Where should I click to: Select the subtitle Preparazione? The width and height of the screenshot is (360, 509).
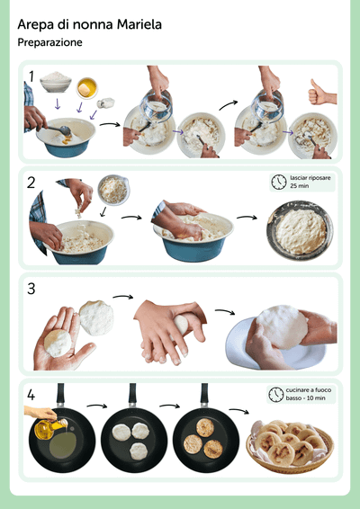tap(49, 42)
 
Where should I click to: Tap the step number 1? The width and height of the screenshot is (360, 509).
tap(31, 76)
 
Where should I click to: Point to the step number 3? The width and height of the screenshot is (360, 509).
tap(31, 289)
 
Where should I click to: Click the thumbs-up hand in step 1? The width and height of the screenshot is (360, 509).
tap(321, 93)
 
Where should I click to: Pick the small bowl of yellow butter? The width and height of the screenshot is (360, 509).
tap(86, 87)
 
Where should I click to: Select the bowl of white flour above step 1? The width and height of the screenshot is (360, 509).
tap(56, 81)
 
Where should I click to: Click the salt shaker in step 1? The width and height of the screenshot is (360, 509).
tap(105, 103)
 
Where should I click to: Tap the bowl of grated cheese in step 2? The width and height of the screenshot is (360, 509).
tap(113, 190)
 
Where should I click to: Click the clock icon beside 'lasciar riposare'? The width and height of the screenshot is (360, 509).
tap(279, 183)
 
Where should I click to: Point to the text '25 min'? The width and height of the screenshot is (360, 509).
tap(299, 186)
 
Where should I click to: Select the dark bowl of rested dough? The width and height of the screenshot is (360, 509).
tap(300, 230)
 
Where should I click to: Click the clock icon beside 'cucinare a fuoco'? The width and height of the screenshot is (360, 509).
tap(276, 395)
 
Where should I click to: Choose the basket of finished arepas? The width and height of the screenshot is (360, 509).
tap(290, 446)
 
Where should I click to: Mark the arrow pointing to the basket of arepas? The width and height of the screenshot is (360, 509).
tap(238, 410)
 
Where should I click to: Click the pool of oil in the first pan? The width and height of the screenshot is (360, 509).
tap(63, 445)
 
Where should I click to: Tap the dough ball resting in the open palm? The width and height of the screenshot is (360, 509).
tap(58, 344)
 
